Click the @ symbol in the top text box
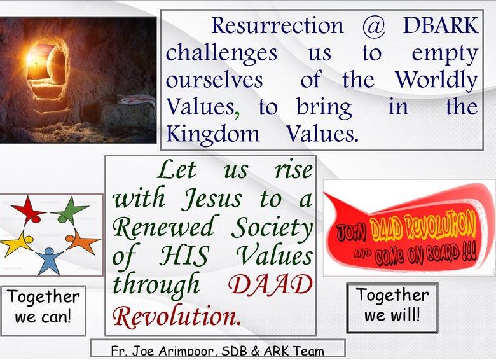373,27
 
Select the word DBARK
440,25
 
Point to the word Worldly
436,80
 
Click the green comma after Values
237,114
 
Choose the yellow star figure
17,244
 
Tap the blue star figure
49,260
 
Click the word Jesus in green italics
212,200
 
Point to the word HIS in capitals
184,256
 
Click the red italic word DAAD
270,284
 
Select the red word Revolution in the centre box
176,315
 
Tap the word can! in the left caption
60,317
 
